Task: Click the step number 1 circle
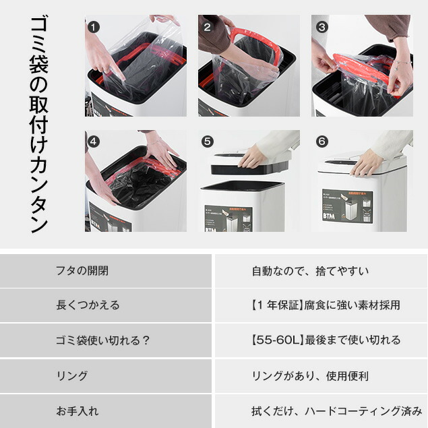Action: pyautogui.click(x=94, y=27)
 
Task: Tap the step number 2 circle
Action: pyautogui.click(x=208, y=27)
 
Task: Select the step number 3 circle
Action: pyautogui.click(x=322, y=27)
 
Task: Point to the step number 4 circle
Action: pyautogui.click(x=94, y=142)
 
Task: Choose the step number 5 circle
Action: pyautogui.click(x=208, y=142)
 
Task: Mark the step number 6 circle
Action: pyautogui.click(x=322, y=142)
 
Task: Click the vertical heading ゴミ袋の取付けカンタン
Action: pyautogui.click(x=39, y=125)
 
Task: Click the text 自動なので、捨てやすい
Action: pyautogui.click(x=310, y=271)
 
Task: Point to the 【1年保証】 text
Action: pyautogui.click(x=276, y=305)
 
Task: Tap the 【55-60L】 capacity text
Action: pyautogui.click(x=277, y=340)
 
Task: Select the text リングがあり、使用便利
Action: pyautogui.click(x=310, y=376)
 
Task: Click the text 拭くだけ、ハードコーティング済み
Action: pyautogui.click(x=336, y=410)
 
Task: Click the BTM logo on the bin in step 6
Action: pyautogui.click(x=329, y=216)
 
